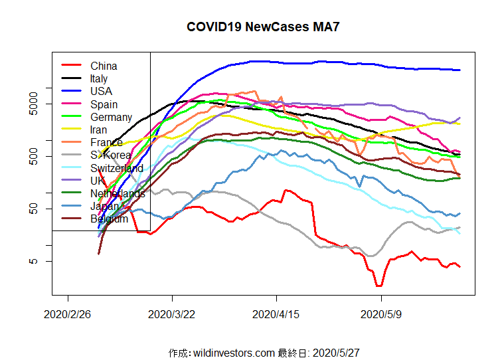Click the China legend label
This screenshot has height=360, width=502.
pos(104,66)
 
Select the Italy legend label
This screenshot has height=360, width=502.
pos(99,78)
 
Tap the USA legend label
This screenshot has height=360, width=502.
pos(101,91)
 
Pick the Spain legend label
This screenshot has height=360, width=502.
pos(104,104)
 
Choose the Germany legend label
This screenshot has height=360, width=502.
pos(111,117)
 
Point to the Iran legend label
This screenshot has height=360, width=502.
pos(99,130)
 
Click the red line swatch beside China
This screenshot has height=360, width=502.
pos(71,65)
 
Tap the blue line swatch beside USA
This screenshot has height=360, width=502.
pos(71,91)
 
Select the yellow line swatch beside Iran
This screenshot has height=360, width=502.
pos(71,130)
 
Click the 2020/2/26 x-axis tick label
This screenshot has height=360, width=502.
pos(68,314)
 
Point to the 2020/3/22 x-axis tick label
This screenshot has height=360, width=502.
pos(172,314)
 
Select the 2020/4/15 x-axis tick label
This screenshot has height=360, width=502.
pos(276,314)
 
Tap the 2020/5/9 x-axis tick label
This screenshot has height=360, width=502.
pos(380,314)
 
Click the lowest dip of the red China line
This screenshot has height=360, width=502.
pos(378,286)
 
